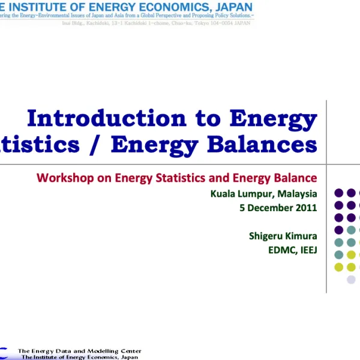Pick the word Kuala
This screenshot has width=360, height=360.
click(222, 193)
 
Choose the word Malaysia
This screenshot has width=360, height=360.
click(297, 193)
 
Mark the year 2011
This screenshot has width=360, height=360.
click(307, 208)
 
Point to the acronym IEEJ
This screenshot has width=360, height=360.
click(307, 250)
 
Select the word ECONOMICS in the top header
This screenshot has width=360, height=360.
click(174, 7)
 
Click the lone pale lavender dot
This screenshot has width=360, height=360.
click(351, 280)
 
